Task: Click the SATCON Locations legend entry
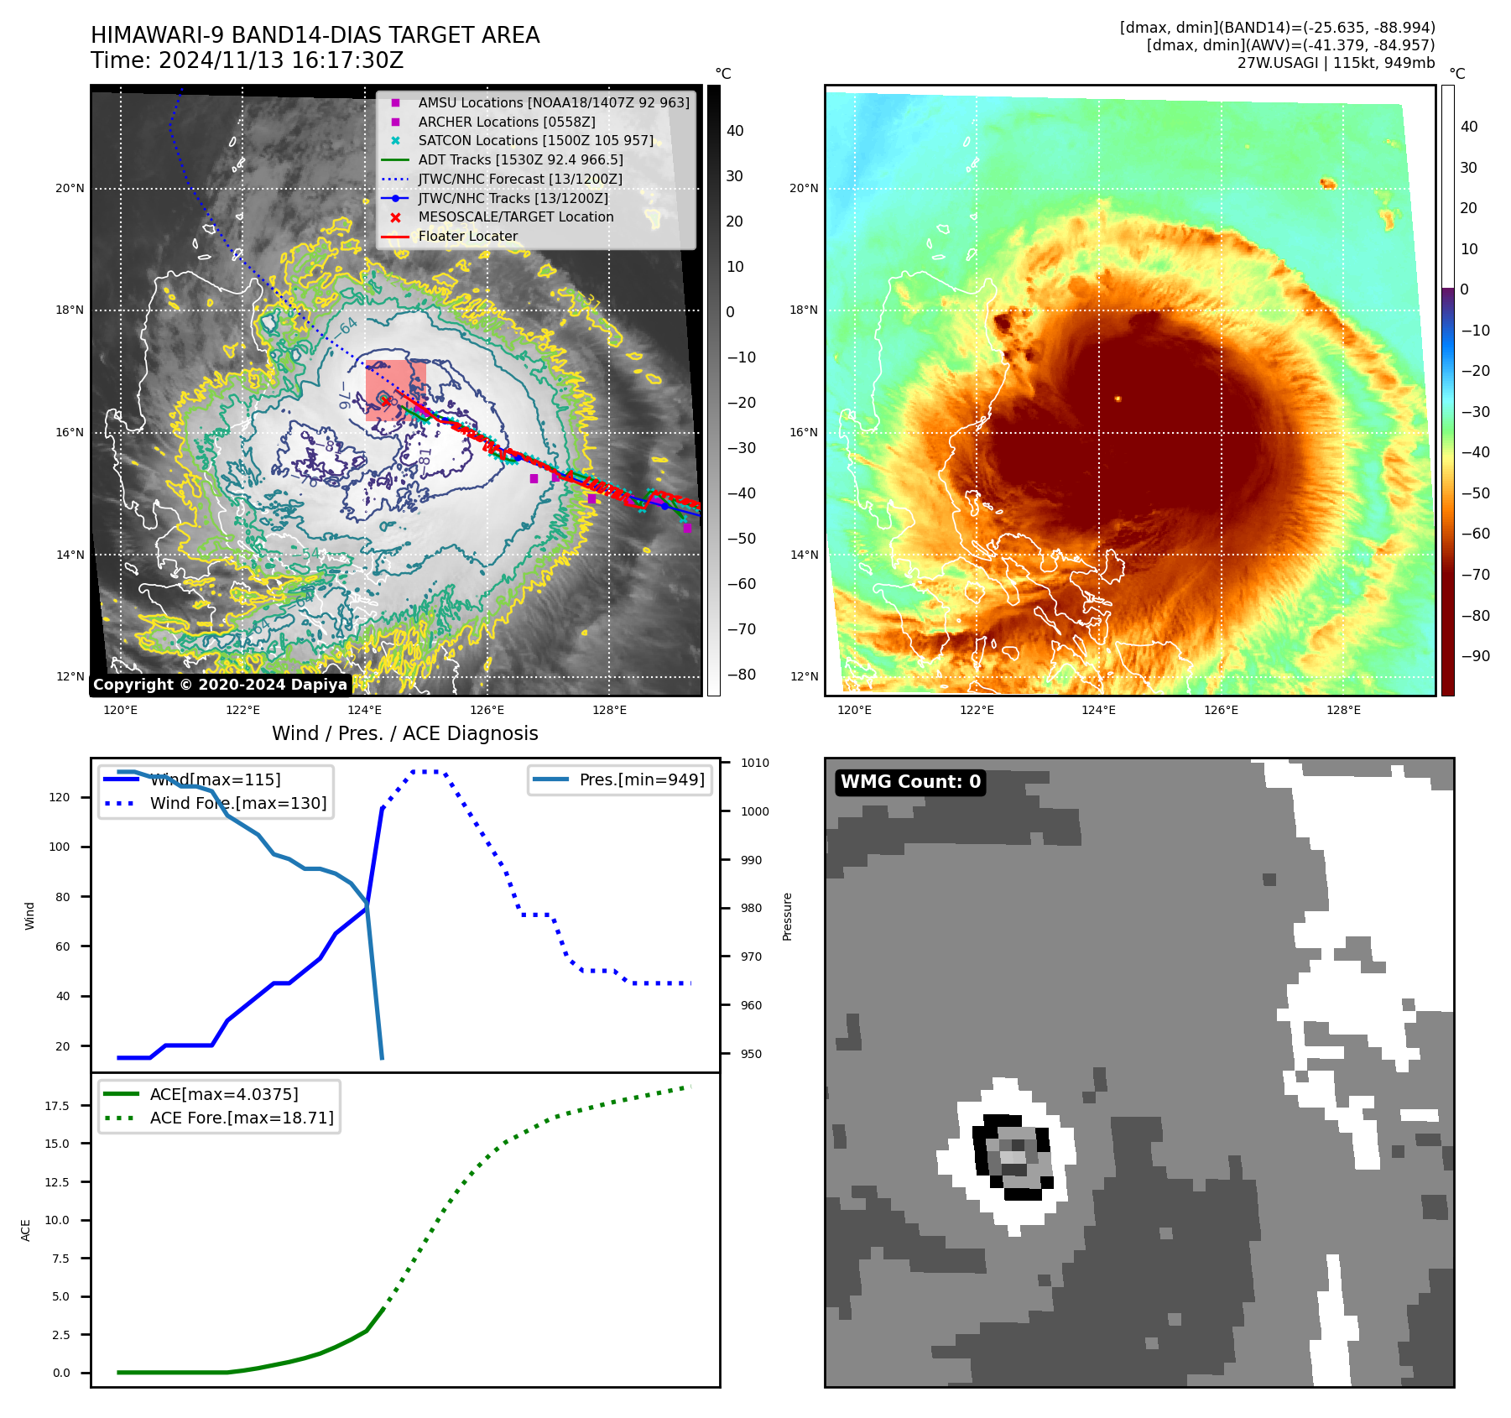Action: pos(535,141)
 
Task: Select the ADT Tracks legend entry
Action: pos(520,160)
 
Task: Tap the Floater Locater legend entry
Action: pos(467,237)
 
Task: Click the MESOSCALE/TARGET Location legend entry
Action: pos(515,217)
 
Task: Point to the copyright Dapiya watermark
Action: pos(220,685)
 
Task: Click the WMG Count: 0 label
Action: pos(910,782)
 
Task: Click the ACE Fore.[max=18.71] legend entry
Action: pos(241,1118)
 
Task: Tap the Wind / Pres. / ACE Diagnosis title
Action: pos(404,734)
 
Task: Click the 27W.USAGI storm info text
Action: pos(1336,63)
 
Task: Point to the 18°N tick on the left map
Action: pos(70,310)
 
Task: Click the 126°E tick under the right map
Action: pos(1221,711)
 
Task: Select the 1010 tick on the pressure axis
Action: pos(755,764)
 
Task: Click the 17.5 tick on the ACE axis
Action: pos(57,1106)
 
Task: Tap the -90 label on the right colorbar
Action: pos(1475,656)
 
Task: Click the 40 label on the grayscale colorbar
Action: pos(735,131)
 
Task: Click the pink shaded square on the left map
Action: pos(396,390)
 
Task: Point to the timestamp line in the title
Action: pos(247,61)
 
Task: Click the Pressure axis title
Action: pos(787,916)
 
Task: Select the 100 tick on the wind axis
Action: pos(60,847)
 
